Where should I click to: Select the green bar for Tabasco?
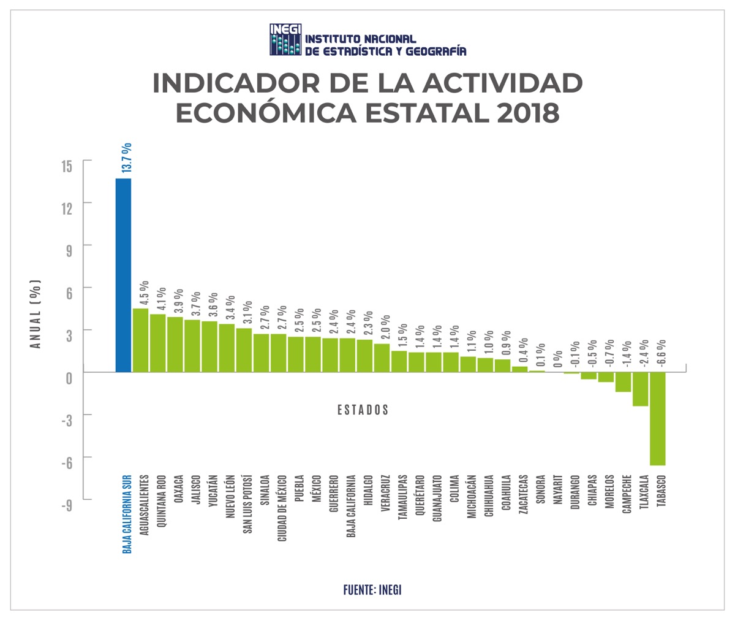point(657,419)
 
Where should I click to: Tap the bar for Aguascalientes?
point(140,340)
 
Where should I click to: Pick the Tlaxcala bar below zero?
point(640,389)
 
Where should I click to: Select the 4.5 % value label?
point(144,293)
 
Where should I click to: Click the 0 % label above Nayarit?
point(558,359)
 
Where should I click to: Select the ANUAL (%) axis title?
point(36,314)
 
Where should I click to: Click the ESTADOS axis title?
point(363,410)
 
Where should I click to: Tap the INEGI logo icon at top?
point(285,40)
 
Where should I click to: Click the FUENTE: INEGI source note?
point(372,590)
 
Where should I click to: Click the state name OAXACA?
point(178,489)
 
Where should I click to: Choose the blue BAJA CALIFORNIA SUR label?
point(127,513)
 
